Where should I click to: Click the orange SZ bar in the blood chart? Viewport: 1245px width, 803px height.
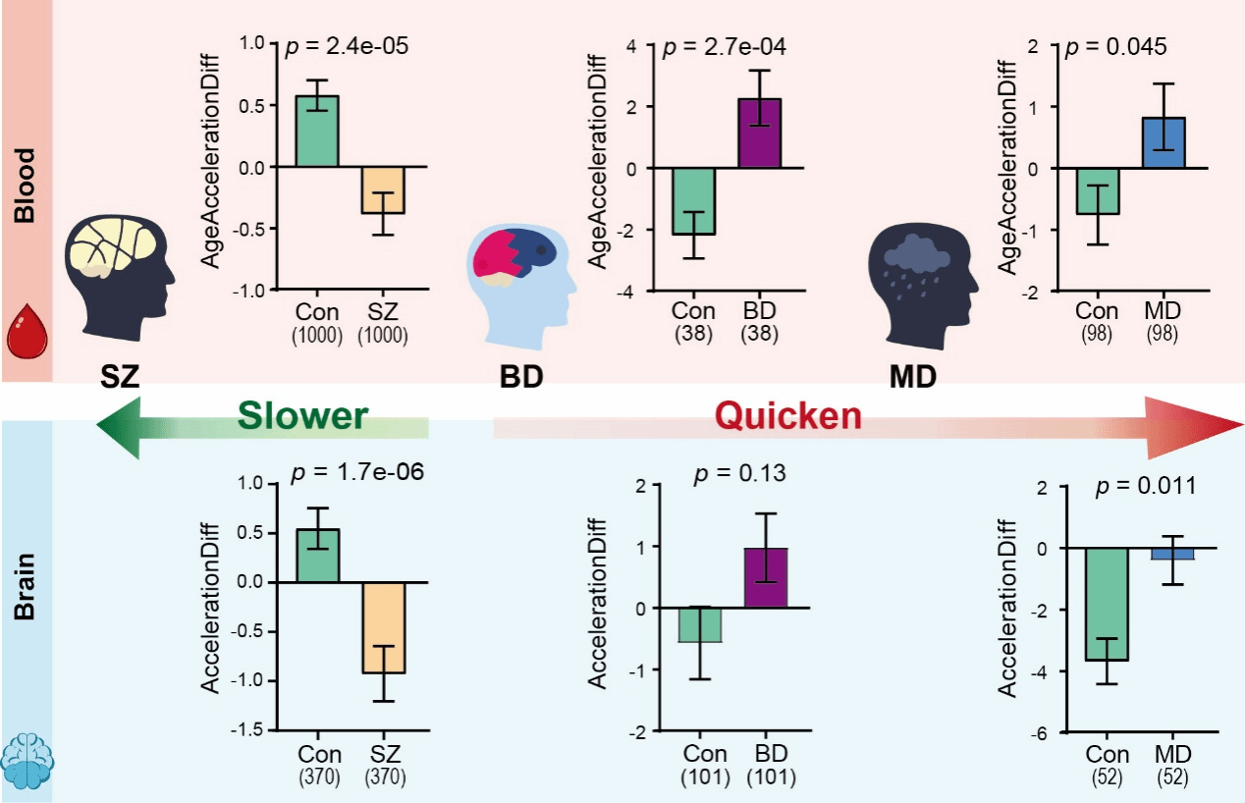(x=383, y=189)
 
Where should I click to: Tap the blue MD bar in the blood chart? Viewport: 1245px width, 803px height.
(x=1164, y=142)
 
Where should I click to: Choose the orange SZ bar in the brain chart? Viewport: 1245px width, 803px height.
(x=383, y=627)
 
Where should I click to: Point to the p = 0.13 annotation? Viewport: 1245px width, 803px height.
(x=739, y=474)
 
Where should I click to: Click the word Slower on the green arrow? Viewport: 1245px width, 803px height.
(x=300, y=416)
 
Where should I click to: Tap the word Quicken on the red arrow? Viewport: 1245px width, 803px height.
(x=787, y=416)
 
